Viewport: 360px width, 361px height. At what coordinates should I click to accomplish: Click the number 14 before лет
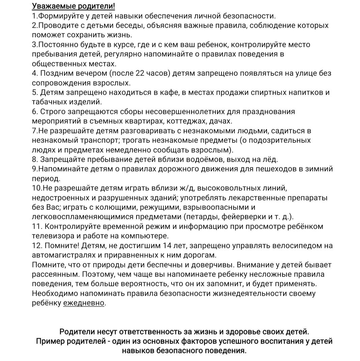[168, 245]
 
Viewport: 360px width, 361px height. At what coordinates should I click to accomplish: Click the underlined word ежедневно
[84, 303]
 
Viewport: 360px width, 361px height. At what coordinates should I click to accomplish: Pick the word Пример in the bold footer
[50, 341]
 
